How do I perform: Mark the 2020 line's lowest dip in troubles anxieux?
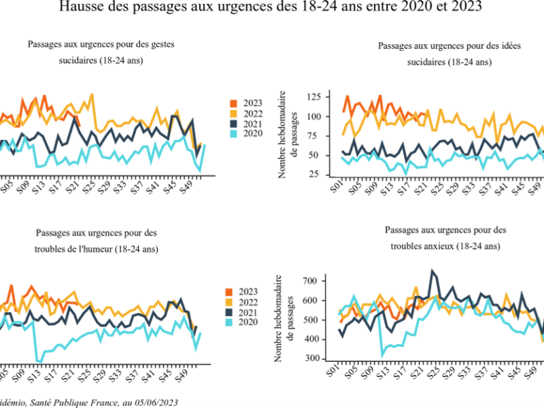click(384, 354)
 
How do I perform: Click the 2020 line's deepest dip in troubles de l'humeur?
click(39, 361)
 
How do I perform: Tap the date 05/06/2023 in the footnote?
click(154, 403)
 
